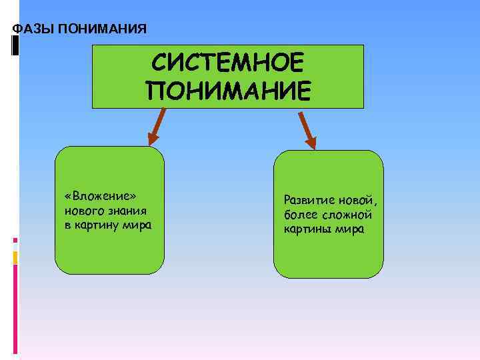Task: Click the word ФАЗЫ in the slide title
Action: [x=33, y=29]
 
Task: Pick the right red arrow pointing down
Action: [x=307, y=130]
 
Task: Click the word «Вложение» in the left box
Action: [x=100, y=197]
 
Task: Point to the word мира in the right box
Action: [x=350, y=229]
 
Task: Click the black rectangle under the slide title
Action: [x=15, y=45]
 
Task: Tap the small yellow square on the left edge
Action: [x=15, y=257]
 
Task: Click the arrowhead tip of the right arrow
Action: [x=314, y=147]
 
